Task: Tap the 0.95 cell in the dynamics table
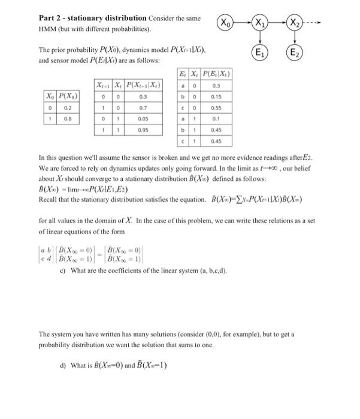coord(143,129)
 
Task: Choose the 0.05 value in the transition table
coord(143,118)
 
